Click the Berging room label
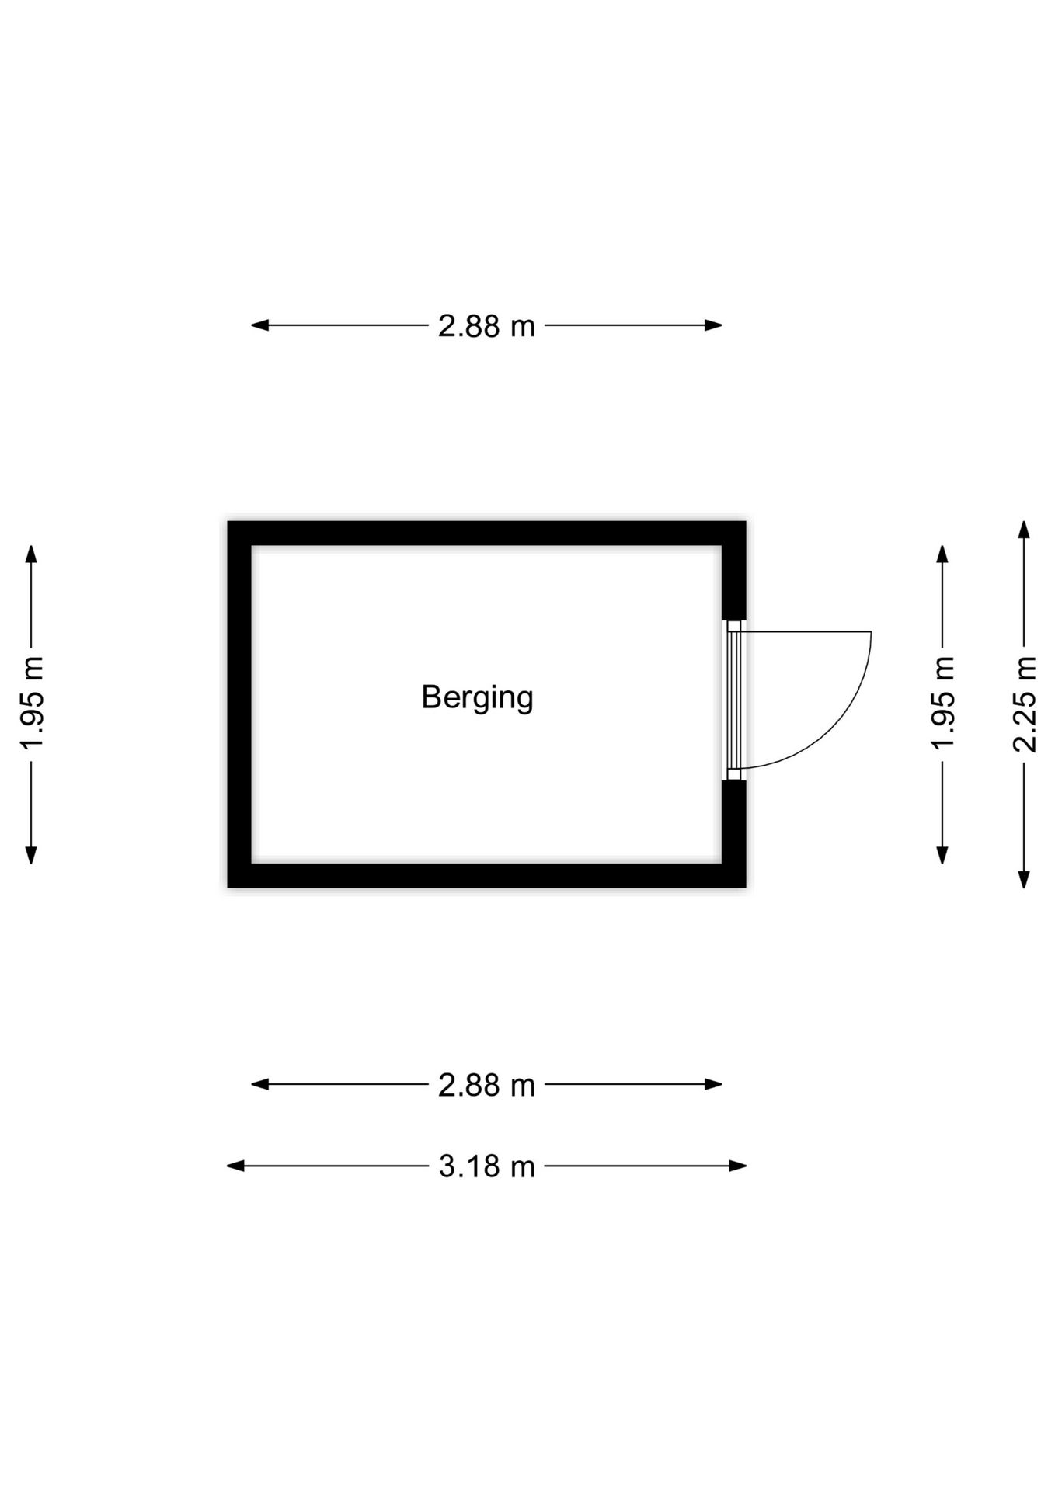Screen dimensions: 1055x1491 [477, 698]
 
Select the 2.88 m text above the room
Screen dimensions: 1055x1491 [486, 326]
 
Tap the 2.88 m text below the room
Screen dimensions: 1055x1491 [486, 1085]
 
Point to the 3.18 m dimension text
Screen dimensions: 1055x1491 [486, 1166]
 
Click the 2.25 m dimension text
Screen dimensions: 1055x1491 [1025, 704]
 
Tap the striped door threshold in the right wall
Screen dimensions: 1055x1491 [734, 700]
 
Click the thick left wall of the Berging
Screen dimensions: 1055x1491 [239, 704]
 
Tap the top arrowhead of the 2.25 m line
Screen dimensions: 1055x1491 [1024, 530]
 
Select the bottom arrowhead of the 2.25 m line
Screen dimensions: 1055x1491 [1024, 879]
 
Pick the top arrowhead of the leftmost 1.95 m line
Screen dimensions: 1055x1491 [31, 554]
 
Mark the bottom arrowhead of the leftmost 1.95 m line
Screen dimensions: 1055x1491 [31, 855]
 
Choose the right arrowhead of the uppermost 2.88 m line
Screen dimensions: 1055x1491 [713, 325]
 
